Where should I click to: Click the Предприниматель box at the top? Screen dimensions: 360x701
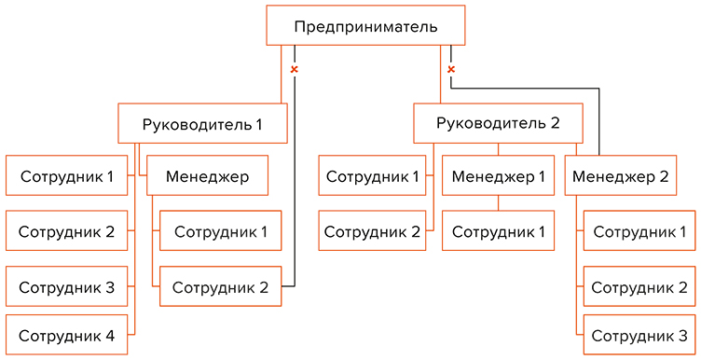coord(365,25)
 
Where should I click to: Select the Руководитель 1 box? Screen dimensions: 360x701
coord(202,123)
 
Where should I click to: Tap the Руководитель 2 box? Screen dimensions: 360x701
coord(499,123)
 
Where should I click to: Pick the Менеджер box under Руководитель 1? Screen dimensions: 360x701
coord(208,175)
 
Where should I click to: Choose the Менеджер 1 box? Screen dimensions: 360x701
coord(499,175)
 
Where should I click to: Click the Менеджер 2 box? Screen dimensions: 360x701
coord(621,175)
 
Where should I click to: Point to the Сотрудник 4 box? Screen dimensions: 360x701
coord(66,336)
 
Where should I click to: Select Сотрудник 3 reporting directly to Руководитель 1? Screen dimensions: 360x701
coord(66,286)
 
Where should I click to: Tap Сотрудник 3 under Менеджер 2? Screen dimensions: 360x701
coord(639,336)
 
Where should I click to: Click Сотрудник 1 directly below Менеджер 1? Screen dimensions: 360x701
coord(499,230)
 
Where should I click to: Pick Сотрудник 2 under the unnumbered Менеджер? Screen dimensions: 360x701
coord(220,286)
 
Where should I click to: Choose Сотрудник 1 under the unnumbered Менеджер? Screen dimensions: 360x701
coord(220,230)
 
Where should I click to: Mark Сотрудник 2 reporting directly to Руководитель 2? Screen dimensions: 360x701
coord(372,230)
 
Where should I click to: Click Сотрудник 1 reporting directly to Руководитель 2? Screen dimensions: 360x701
coord(372,175)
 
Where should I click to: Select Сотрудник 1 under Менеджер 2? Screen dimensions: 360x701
coord(639,230)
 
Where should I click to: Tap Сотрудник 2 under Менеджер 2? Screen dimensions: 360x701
coord(639,286)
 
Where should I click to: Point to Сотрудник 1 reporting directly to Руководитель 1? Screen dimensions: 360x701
coord(66,175)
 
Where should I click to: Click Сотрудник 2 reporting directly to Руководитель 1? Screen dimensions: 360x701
coord(66,230)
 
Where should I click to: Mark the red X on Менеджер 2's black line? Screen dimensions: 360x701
coord(451,69)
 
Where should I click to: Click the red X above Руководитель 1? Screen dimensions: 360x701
coord(295,69)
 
